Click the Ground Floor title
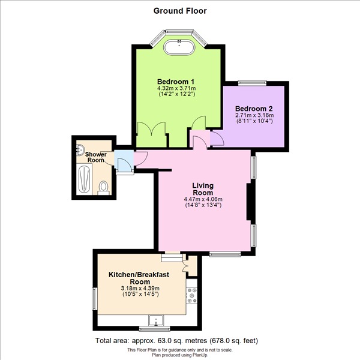(x=180, y=11)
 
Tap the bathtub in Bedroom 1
(x=179, y=47)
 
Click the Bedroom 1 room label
(x=176, y=82)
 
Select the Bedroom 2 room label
(x=254, y=109)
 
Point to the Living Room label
(x=203, y=189)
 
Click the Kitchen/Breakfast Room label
(x=139, y=278)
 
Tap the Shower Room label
(x=96, y=157)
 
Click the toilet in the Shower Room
(x=103, y=188)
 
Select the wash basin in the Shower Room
(x=80, y=149)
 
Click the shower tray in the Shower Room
(x=84, y=179)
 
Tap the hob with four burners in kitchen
(x=192, y=295)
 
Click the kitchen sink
(x=156, y=320)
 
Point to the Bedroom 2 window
(x=252, y=83)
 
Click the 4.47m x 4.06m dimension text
(x=203, y=199)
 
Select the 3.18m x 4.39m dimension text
(x=140, y=289)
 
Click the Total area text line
(x=176, y=340)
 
